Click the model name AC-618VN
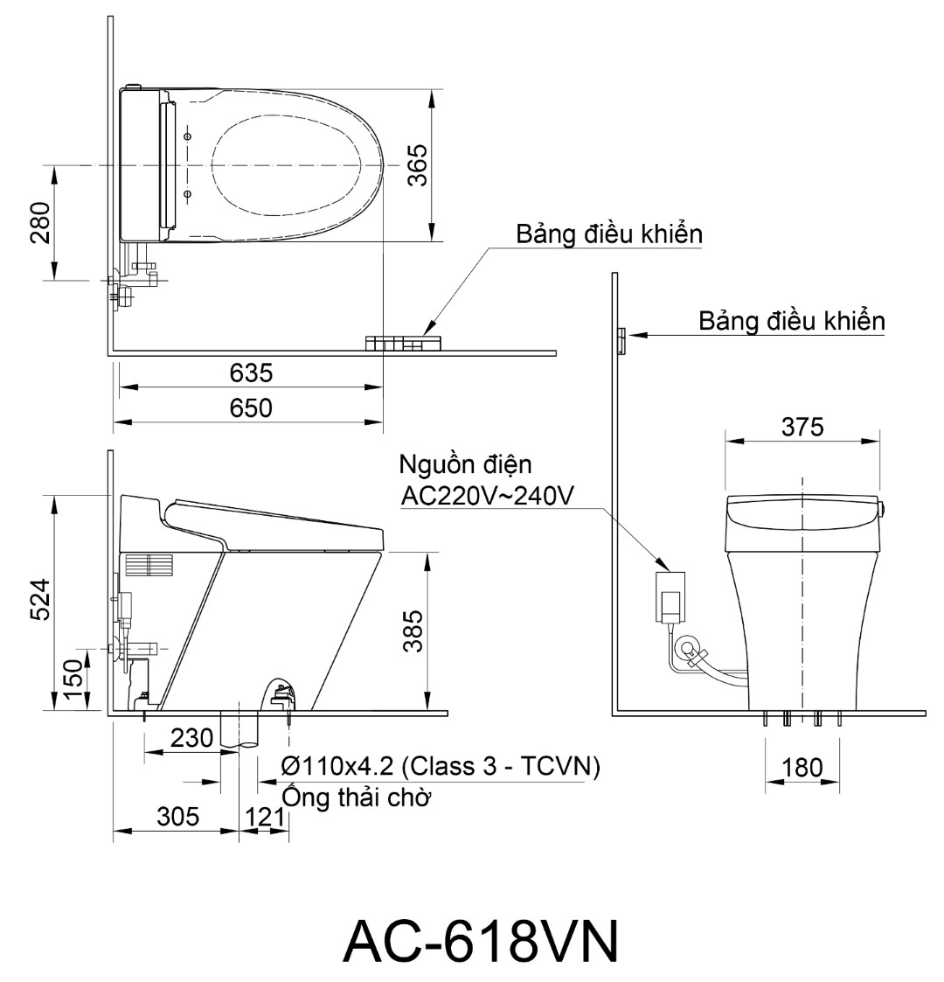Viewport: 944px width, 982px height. click(481, 941)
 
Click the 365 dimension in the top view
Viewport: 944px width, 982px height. click(418, 165)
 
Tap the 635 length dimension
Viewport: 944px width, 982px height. click(251, 373)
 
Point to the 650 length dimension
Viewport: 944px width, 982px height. click(251, 408)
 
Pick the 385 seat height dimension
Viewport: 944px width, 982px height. click(413, 631)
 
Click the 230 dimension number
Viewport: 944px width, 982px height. click(191, 738)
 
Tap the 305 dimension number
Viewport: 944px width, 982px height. click(178, 817)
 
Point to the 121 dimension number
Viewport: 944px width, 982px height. click(264, 817)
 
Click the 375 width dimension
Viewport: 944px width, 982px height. click(802, 427)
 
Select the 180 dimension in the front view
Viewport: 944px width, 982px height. click(802, 767)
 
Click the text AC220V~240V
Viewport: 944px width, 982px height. click(487, 496)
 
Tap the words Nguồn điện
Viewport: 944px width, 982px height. click(466, 464)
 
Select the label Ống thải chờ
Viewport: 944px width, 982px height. click(357, 797)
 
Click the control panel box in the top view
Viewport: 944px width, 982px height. click(404, 343)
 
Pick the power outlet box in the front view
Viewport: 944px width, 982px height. click(670, 597)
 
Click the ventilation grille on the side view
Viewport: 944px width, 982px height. click(149, 564)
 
